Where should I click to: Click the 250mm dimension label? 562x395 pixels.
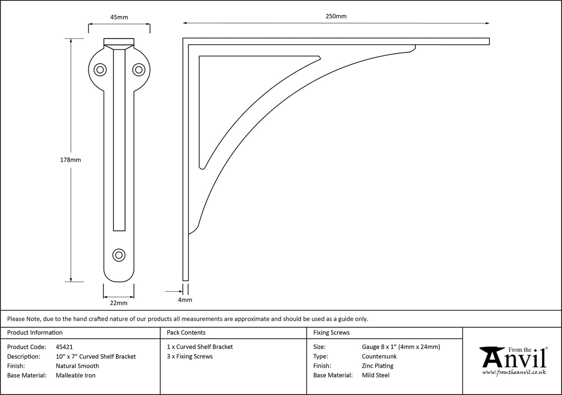tap(336, 16)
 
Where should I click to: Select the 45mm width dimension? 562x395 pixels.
tap(119, 18)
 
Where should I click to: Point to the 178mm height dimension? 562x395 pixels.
tap(71, 160)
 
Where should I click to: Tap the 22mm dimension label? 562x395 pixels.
tap(119, 303)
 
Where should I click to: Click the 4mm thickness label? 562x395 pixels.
tap(185, 300)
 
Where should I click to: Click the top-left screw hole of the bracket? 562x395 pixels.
tap(100, 69)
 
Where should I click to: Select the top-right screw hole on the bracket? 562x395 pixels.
tap(138, 69)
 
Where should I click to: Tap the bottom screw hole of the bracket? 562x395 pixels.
tap(119, 255)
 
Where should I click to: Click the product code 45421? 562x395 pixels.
tap(64, 347)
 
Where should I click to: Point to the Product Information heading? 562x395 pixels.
tap(35, 332)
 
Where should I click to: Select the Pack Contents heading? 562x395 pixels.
tap(186, 332)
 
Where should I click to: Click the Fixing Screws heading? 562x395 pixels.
tap(331, 332)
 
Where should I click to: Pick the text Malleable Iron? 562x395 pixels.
tap(75, 376)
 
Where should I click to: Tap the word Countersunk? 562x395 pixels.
tap(379, 357)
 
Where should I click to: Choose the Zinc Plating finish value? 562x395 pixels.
tap(377, 366)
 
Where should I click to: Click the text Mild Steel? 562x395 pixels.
tap(375, 376)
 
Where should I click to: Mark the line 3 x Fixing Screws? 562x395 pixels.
tap(190, 357)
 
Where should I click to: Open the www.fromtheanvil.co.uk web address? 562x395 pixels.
tap(514, 372)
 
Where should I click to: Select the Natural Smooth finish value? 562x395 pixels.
tap(77, 366)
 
